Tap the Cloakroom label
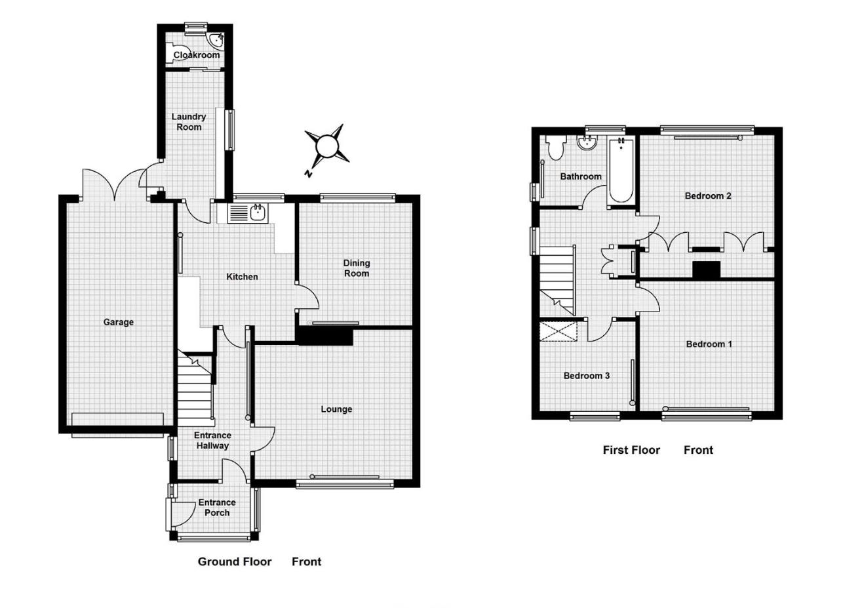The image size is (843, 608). (x=196, y=55)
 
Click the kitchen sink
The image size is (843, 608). (x=248, y=213)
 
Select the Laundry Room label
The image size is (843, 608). (x=189, y=121)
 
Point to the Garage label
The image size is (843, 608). (x=119, y=322)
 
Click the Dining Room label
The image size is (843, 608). (x=356, y=268)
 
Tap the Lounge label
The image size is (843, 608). (x=336, y=409)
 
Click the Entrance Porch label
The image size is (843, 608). (x=217, y=507)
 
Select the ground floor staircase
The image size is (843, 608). (x=195, y=388)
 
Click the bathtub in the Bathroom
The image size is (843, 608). (x=620, y=172)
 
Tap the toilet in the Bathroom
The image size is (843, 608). (x=555, y=148)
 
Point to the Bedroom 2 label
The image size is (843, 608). (x=708, y=195)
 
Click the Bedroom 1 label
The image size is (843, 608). (x=709, y=344)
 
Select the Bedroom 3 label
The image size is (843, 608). (x=587, y=376)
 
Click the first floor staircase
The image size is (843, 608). (x=557, y=279)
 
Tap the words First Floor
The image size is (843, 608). (x=631, y=450)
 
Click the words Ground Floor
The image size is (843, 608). (x=234, y=561)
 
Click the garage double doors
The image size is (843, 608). (x=115, y=184)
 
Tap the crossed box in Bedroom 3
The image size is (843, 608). (x=559, y=331)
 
